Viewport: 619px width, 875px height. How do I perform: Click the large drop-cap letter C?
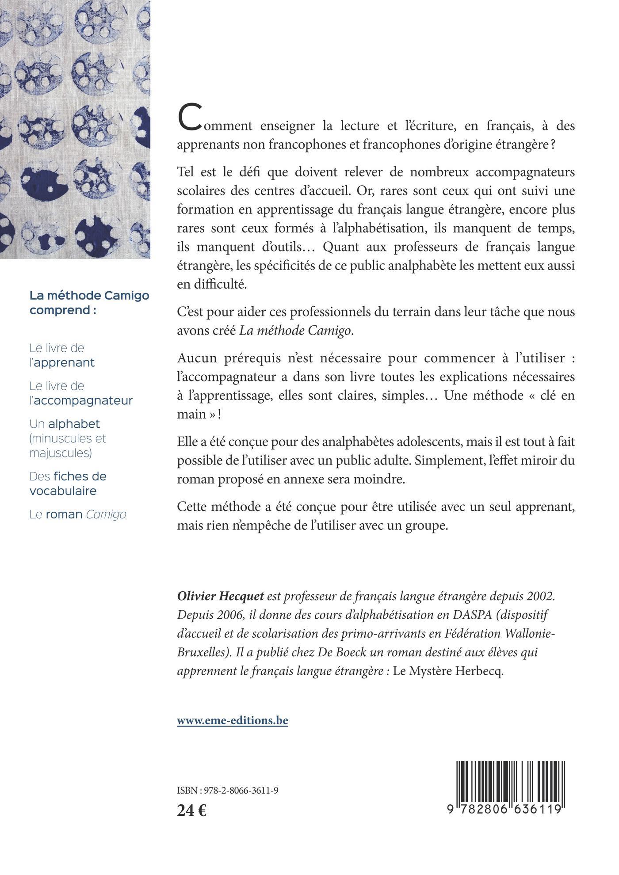point(188,118)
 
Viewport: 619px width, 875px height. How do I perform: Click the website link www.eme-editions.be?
point(232,720)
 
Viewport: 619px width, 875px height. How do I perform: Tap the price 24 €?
point(191,810)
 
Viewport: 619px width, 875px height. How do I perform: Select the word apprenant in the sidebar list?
point(65,363)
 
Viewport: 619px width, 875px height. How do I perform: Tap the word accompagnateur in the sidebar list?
point(83,401)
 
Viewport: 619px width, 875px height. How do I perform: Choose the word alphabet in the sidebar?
point(74,424)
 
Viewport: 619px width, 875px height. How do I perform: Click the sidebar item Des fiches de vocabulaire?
point(68,483)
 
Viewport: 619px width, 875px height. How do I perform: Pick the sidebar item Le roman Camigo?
point(78,514)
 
